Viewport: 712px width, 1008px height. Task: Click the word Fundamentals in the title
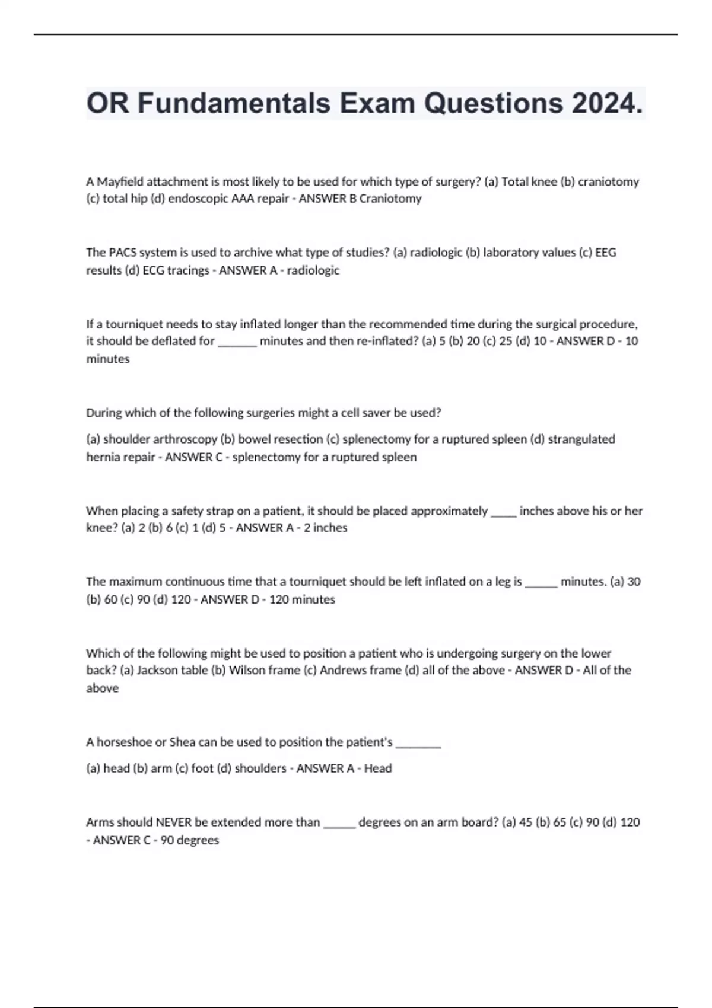pos(234,104)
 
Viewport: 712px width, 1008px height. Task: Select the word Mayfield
pos(120,182)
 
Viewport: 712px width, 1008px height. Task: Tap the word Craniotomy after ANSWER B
pos(390,199)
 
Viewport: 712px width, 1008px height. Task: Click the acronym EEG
pos(605,253)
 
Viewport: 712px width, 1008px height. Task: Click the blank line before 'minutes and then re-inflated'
pos(237,343)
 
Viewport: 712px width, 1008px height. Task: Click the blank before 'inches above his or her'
pos(504,513)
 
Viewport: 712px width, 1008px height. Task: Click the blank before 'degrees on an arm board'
pos(339,824)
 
